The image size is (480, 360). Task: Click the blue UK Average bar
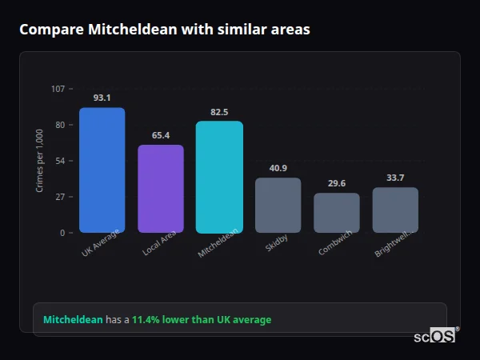(x=102, y=170)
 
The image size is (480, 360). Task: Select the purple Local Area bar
(x=160, y=189)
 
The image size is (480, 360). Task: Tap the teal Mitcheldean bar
(x=219, y=177)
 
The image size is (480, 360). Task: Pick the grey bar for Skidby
(x=278, y=206)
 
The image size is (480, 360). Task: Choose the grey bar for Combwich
(x=336, y=213)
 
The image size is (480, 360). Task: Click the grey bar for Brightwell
(x=395, y=210)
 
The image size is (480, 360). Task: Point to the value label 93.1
(x=102, y=98)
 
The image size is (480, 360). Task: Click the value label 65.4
(x=160, y=135)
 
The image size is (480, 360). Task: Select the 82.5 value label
(x=219, y=112)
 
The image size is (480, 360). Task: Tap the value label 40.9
(x=278, y=168)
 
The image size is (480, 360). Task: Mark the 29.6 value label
(x=336, y=183)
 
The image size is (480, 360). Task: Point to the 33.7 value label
(x=395, y=178)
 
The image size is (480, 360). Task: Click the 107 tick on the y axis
(x=58, y=89)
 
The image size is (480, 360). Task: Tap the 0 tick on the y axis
(x=62, y=233)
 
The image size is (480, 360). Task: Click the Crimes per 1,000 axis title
(x=39, y=161)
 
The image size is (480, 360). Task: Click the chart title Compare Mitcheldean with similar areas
(x=164, y=30)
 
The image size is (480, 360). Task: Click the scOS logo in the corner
(x=434, y=336)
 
